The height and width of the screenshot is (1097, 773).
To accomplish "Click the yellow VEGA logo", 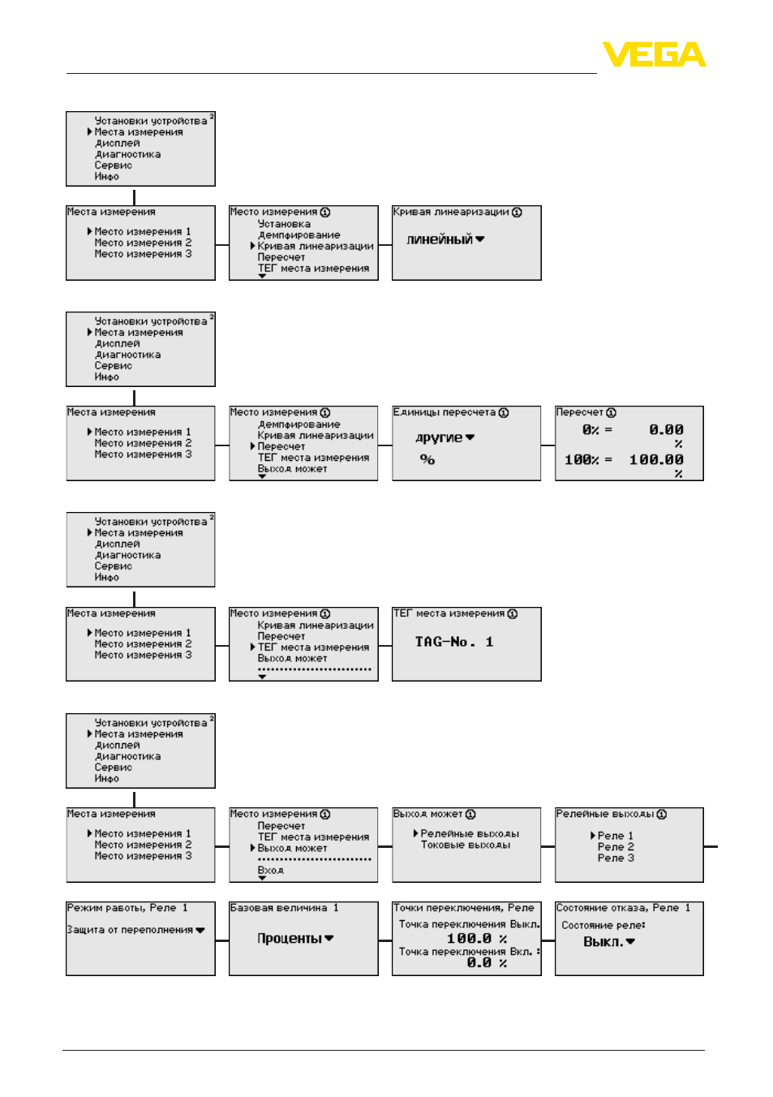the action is pos(654,54).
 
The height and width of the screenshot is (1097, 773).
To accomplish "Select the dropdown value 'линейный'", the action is pos(440,239).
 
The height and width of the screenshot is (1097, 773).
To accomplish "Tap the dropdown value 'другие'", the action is pos(439,437).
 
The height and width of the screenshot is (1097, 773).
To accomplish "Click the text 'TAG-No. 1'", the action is pos(453,642).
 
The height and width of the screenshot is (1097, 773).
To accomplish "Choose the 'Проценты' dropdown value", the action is pos(290,938).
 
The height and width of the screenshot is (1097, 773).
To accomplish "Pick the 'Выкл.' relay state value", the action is pos(603,942).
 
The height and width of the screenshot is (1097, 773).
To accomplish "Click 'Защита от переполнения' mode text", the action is pos(130,930).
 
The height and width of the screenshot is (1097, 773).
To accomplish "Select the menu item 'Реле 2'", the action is pos(616,847).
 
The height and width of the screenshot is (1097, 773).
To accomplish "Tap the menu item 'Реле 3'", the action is pos(616,858).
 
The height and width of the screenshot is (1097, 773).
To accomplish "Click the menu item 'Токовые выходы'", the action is pos(466,845).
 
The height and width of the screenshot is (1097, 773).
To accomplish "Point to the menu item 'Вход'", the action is pos(271,871).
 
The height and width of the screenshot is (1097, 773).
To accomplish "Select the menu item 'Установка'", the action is pos(284,224).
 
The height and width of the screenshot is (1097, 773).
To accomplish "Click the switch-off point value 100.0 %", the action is pos(476,938).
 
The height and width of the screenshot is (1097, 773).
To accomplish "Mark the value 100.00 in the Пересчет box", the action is pos(656,460).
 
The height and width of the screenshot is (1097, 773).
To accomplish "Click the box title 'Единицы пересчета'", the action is pos(444,412).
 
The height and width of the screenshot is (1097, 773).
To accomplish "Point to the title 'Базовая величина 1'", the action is pos(284,908).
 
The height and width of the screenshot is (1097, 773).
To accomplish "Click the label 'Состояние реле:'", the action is pos(603,925).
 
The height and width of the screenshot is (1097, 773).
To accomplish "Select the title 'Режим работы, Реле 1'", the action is pos(127,908).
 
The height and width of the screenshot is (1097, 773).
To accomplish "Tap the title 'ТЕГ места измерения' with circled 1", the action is pos(455,613).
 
